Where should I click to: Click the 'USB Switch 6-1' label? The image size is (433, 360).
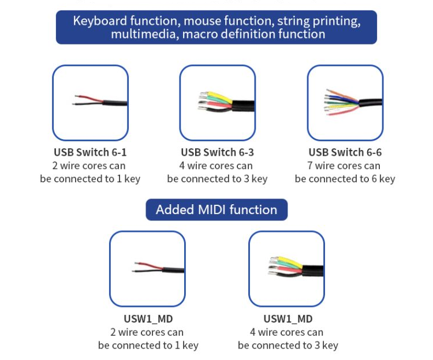(x=90, y=152)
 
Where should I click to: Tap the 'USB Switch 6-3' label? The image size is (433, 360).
(x=217, y=152)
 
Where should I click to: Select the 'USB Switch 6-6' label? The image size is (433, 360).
(x=345, y=152)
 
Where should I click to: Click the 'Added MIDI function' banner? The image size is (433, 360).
(x=216, y=209)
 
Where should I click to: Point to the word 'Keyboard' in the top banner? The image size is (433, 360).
(x=100, y=21)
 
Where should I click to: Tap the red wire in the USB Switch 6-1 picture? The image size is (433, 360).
(x=88, y=98)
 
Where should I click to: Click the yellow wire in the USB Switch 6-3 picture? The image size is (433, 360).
(x=218, y=97)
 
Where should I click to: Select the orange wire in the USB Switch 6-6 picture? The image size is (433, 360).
(x=342, y=95)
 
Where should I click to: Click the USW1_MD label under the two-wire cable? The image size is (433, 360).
(x=148, y=319)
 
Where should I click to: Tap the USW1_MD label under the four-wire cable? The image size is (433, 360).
(x=288, y=319)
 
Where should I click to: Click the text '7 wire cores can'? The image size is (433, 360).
(x=344, y=166)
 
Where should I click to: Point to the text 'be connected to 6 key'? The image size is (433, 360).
(x=345, y=179)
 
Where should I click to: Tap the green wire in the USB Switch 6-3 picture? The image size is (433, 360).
(x=218, y=101)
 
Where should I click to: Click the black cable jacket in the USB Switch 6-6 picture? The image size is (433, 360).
(x=371, y=103)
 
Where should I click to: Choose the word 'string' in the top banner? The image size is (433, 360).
(x=293, y=21)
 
